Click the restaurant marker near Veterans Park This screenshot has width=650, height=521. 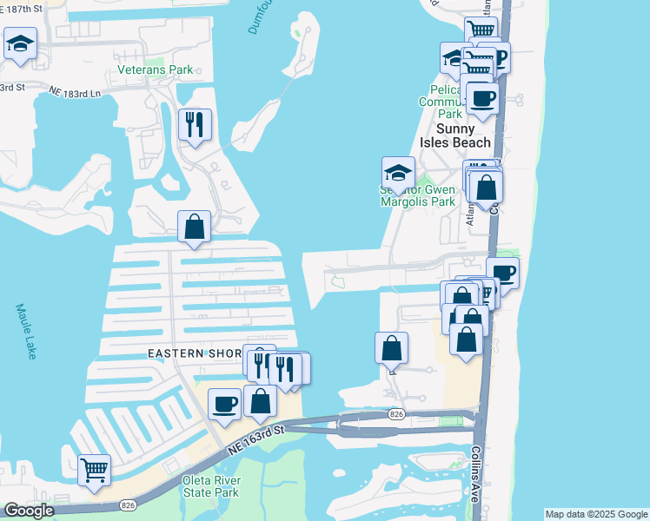[x=195, y=125]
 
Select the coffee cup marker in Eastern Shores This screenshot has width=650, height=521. [x=225, y=405]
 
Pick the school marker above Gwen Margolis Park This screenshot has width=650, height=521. [x=398, y=172]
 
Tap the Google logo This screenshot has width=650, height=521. [x=30, y=511]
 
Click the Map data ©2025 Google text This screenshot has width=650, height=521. [x=596, y=514]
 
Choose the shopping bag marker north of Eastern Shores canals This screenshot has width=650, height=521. [x=195, y=228]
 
